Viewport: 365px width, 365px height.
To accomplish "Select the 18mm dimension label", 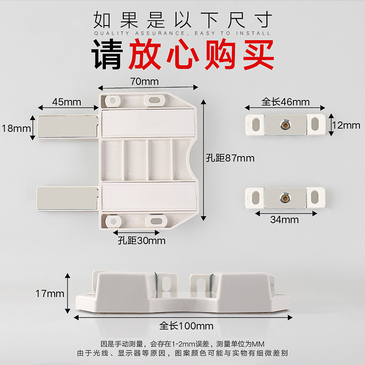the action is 16,128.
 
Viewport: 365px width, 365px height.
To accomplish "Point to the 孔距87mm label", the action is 230,158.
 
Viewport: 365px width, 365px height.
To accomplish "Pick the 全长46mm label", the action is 286,102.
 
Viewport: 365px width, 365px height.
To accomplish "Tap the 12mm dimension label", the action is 346,125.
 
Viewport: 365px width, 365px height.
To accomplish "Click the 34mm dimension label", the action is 284,220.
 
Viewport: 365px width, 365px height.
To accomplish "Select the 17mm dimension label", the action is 50,294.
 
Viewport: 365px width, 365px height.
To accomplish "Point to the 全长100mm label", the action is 187,326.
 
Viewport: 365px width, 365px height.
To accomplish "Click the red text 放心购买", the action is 201,54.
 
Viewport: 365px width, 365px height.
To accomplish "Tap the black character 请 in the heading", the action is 108,54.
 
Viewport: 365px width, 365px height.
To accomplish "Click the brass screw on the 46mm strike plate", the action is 285,124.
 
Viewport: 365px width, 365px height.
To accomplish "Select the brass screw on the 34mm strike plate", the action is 285,197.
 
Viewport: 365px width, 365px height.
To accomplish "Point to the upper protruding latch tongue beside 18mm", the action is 67,126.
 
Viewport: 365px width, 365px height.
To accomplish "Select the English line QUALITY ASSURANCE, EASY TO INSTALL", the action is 182,33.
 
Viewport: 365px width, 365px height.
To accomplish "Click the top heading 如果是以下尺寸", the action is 182,20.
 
